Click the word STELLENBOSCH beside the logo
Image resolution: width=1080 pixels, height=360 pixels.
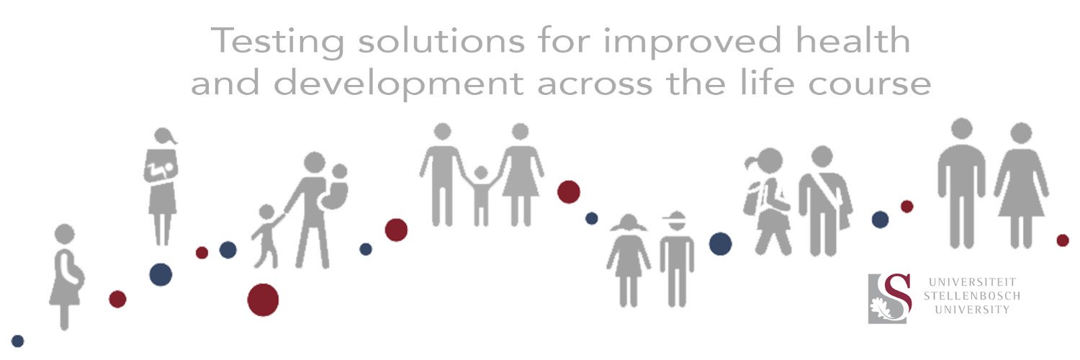coord(971,296)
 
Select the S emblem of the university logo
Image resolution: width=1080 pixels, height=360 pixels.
coord(891,297)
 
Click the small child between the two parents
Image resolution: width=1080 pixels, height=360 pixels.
coord(480,194)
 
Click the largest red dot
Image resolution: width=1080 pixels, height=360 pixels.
coord(263,300)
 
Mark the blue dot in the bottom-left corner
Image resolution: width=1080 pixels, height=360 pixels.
coord(18,341)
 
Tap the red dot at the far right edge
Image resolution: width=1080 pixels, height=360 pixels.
coord(1063,240)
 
